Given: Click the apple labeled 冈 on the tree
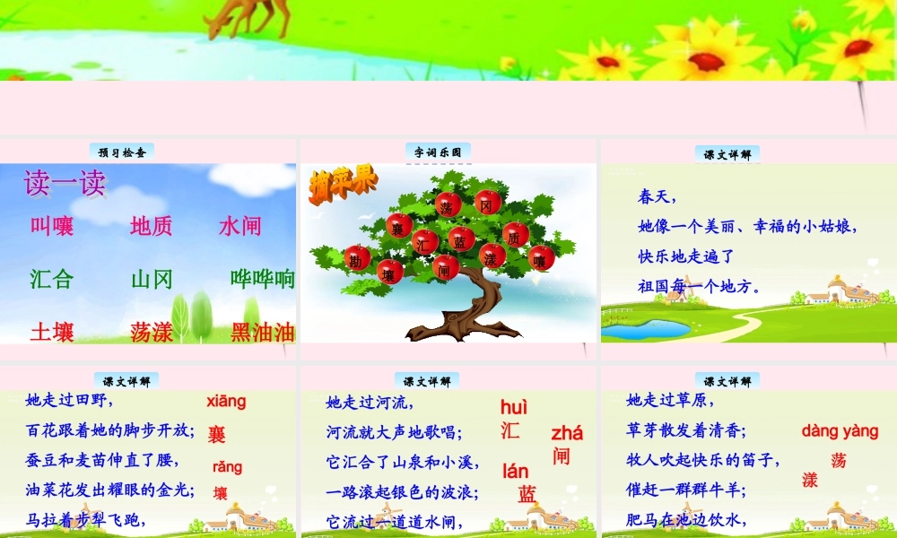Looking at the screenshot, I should pos(488,203).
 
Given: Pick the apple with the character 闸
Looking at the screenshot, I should pos(446,267).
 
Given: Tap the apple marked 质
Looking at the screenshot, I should pos(515,237).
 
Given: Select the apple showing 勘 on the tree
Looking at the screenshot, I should pos(357,258).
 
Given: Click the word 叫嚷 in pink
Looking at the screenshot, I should pos(52,226).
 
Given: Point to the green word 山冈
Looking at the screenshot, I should pos(152,279).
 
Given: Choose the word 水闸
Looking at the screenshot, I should pos(239,226).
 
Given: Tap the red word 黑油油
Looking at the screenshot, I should pos(263,332).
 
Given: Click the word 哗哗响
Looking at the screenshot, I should pos(263,279).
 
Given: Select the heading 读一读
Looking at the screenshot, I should pos(64,183).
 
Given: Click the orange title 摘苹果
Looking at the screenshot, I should pos(344,187).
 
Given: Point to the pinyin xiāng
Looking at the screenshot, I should pos(226,401).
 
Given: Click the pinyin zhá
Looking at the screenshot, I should pos(567,433).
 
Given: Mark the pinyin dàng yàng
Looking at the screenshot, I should pos(840,431).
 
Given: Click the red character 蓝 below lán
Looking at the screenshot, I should pos(527,494).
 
